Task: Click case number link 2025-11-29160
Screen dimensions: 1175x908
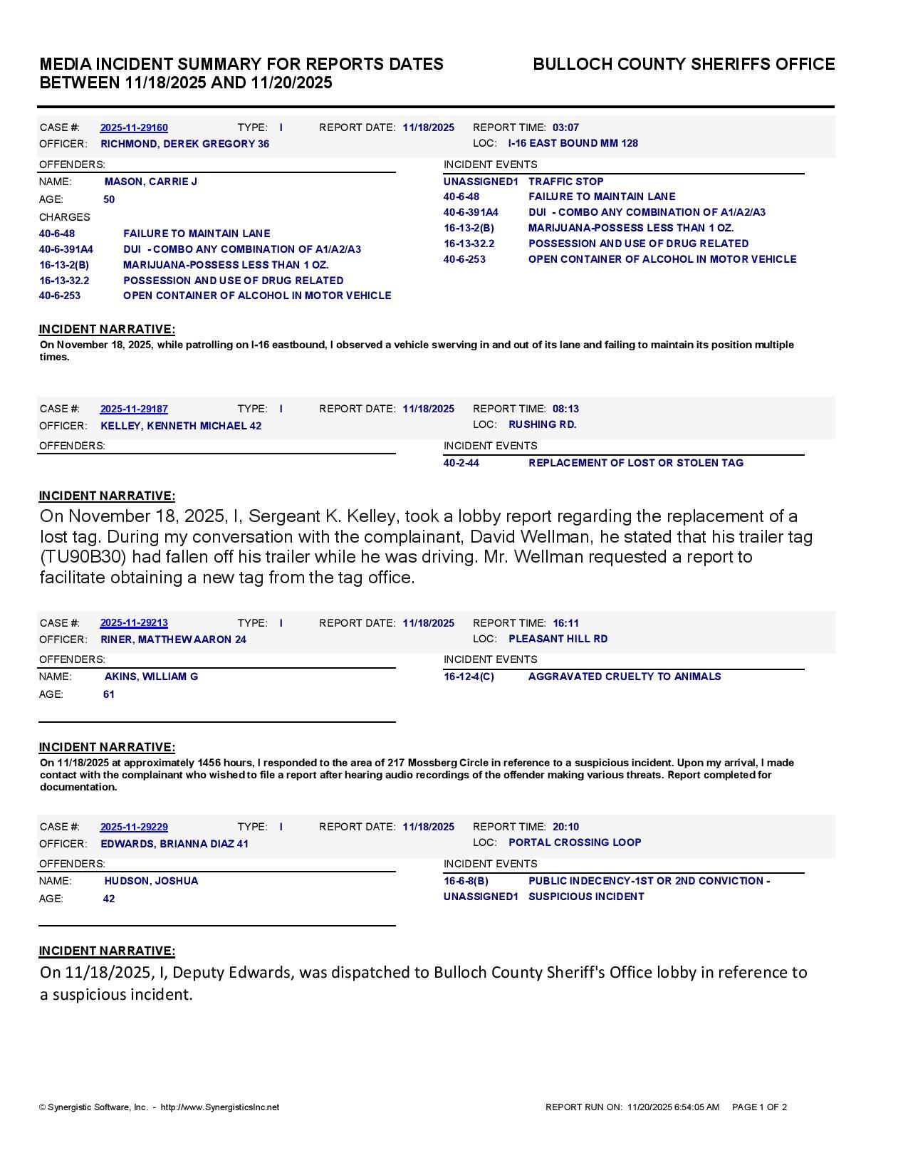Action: pos(134,127)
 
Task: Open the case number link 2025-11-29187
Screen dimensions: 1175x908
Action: pos(134,409)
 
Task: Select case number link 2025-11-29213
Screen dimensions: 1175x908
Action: pos(134,623)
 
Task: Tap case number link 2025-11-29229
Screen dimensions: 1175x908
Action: pos(134,827)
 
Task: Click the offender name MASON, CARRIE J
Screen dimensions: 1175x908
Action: pos(151,182)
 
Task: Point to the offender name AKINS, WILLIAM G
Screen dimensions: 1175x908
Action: pos(151,677)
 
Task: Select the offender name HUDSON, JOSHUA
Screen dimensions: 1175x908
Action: pos(151,881)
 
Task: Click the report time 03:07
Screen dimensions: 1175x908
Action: pos(565,127)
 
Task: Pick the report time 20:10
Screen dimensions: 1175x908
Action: pos(565,827)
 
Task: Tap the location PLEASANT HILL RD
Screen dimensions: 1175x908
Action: pos(558,639)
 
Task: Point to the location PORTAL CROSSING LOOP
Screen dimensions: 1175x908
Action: pos(575,842)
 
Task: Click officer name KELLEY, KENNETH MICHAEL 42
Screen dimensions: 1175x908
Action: pos(181,426)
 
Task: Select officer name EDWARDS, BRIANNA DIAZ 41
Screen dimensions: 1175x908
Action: pos(174,844)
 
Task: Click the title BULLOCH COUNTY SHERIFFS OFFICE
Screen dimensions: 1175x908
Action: pos(684,64)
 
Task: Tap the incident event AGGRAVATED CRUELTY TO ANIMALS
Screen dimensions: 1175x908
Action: pos(624,677)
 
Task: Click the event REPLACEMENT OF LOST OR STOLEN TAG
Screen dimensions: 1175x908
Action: pos(635,463)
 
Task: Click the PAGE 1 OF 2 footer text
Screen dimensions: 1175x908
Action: pos(759,1107)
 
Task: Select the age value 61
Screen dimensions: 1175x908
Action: pos(109,694)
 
